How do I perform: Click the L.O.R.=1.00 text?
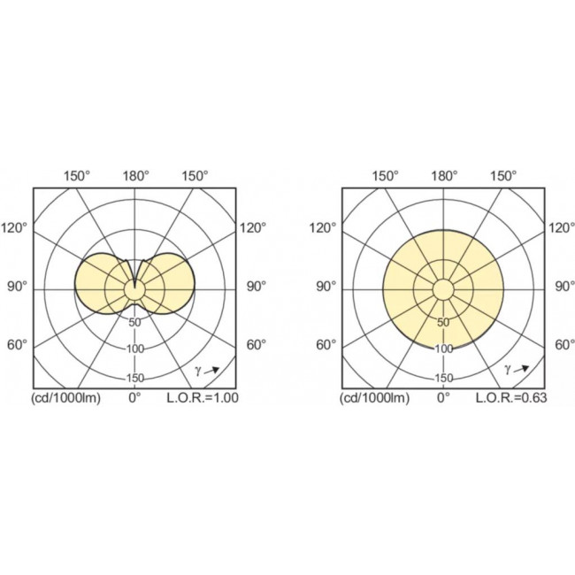[203, 398]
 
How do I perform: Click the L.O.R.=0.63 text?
[511, 398]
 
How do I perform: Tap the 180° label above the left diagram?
[135, 176]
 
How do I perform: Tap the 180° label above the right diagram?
[444, 176]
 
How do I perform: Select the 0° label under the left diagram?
[134, 398]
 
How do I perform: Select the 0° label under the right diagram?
[443, 398]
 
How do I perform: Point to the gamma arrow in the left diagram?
[211, 371]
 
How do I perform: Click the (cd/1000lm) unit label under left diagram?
[66, 398]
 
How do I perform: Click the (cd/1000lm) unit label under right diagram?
[375, 398]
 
